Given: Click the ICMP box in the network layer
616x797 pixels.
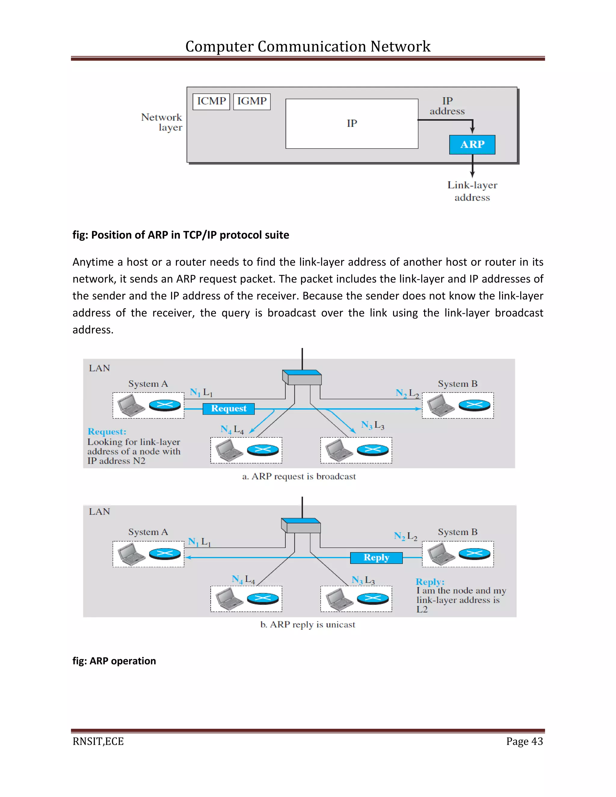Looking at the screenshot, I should (x=211, y=101).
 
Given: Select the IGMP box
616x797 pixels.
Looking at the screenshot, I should (x=252, y=101).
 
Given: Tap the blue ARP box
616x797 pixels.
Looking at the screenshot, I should (x=472, y=144).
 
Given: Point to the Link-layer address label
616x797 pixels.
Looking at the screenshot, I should (x=472, y=191).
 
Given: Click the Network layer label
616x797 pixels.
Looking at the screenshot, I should (x=162, y=122).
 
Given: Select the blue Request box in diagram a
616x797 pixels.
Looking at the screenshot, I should (x=229, y=408).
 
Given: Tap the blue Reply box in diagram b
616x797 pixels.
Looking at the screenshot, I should (x=376, y=558).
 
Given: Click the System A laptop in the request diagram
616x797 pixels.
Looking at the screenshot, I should (x=131, y=405).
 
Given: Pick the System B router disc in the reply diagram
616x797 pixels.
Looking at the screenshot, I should (x=474, y=554).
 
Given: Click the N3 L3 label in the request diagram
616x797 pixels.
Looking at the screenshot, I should (x=372, y=425).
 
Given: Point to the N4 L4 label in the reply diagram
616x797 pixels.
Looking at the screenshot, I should (x=243, y=579).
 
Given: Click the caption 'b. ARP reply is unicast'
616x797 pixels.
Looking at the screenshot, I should (x=307, y=624).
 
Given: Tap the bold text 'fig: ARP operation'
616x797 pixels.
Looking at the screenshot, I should (x=114, y=661).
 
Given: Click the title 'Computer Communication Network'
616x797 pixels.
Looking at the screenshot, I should (x=308, y=46).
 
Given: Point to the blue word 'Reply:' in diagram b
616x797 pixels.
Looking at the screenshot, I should (x=430, y=582).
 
